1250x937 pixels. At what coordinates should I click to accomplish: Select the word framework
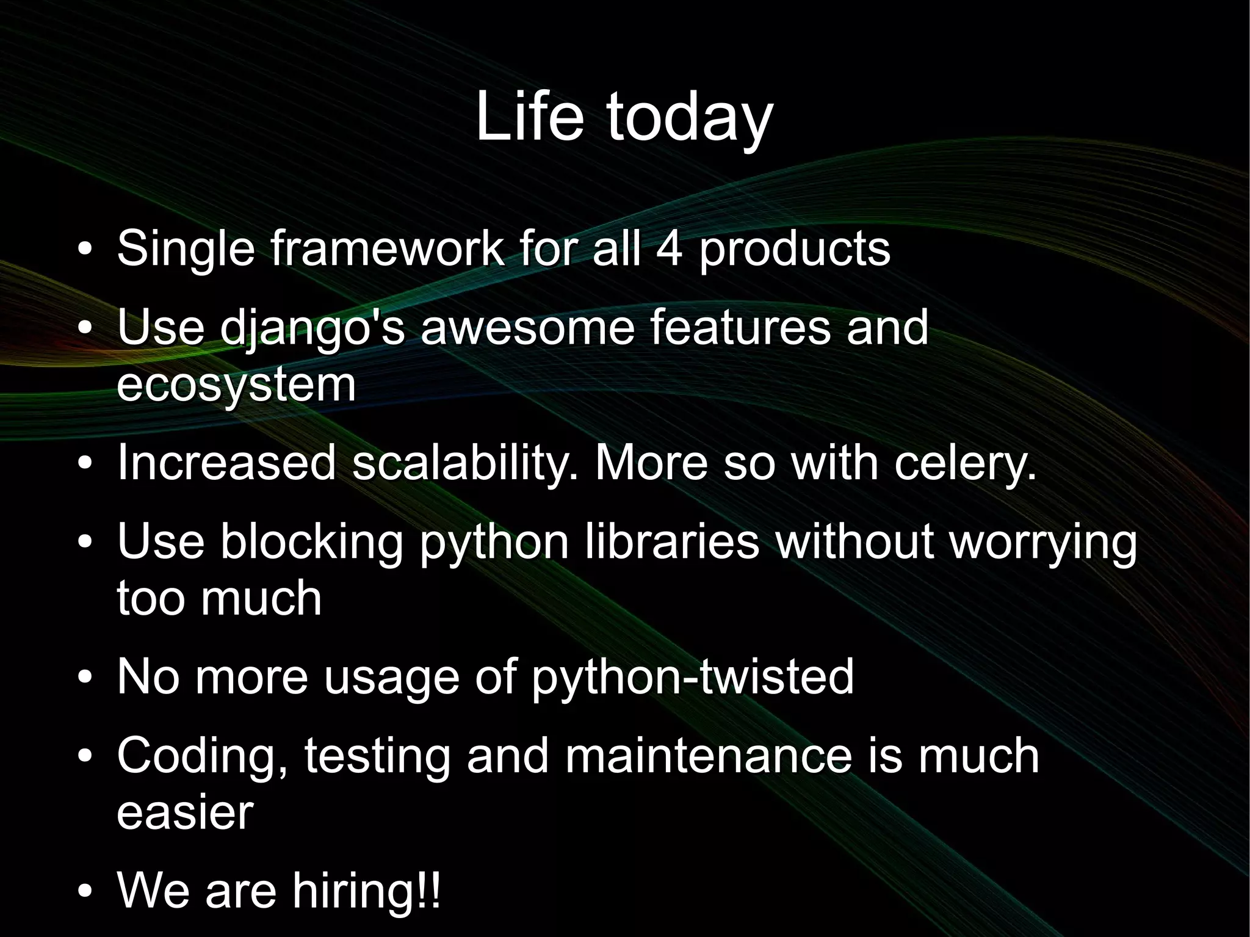click(388, 248)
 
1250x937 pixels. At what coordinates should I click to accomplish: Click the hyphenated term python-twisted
click(692, 678)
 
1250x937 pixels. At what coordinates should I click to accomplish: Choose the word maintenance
click(708, 755)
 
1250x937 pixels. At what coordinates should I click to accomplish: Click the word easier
click(185, 812)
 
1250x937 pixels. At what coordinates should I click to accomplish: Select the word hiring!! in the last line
click(366, 891)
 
